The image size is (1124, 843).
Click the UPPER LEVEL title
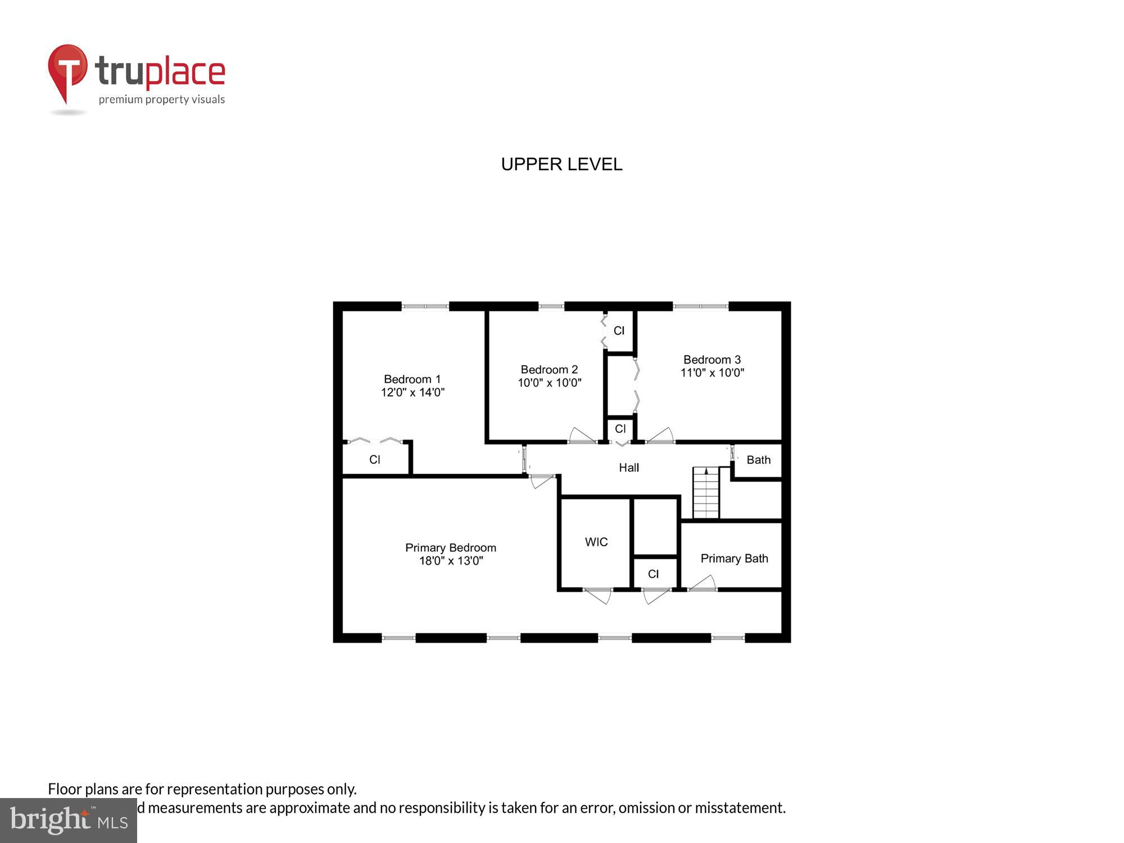click(x=561, y=164)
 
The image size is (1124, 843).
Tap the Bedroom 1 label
click(x=412, y=379)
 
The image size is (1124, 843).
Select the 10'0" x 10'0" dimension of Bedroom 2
click(x=549, y=383)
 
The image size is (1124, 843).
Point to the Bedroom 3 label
click(x=711, y=360)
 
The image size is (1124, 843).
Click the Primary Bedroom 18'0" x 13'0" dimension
click(x=451, y=561)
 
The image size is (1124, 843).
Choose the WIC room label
click(x=596, y=542)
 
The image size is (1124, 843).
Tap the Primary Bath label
click(x=733, y=559)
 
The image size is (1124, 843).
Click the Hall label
click(x=628, y=468)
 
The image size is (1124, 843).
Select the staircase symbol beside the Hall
click(x=705, y=493)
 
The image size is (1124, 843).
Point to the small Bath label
click(x=758, y=460)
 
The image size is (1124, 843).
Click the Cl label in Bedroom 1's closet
click(x=374, y=460)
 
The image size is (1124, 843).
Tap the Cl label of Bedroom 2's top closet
click(x=619, y=331)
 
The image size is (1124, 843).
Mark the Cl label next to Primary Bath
click(x=652, y=574)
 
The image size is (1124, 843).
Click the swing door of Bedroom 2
click(x=582, y=436)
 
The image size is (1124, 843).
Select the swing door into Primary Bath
click(x=703, y=583)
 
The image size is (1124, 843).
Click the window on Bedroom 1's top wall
click(x=425, y=306)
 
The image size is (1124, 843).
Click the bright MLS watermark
click(x=68, y=821)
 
